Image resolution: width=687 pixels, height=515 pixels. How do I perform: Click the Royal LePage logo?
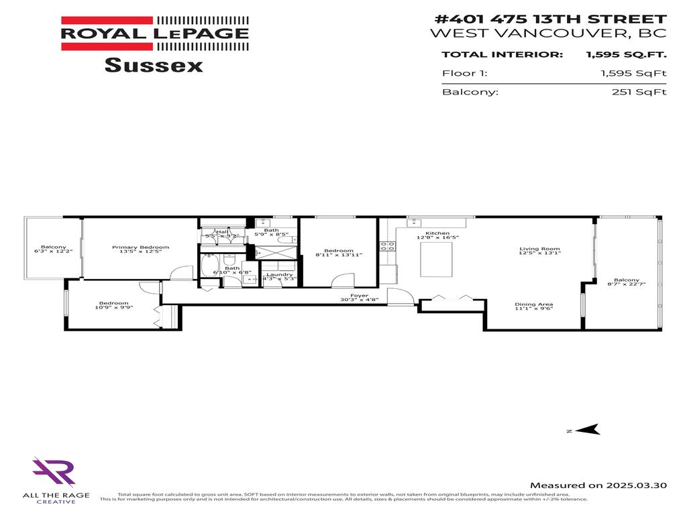155,33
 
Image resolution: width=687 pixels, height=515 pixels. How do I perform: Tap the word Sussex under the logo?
154,66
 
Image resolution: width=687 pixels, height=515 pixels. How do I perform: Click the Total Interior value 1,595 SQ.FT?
626,55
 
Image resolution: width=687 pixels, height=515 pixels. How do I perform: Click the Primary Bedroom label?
140,247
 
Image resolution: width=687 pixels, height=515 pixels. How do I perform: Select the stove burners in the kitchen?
387,246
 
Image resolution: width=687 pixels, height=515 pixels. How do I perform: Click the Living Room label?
539,249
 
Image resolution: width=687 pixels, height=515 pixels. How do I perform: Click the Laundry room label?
279,274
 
